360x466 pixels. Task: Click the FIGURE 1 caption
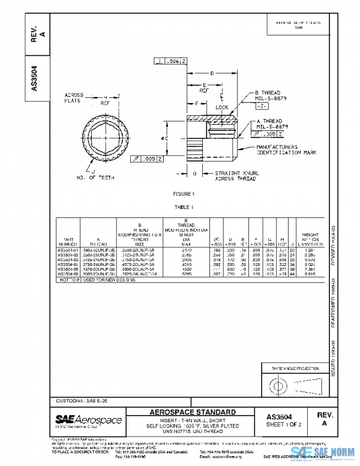point(184,194)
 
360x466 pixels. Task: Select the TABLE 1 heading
point(184,206)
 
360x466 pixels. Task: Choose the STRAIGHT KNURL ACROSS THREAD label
point(237,175)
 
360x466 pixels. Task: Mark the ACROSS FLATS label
point(75,98)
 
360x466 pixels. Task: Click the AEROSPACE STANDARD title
point(193,412)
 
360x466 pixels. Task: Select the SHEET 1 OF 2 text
point(282,424)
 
